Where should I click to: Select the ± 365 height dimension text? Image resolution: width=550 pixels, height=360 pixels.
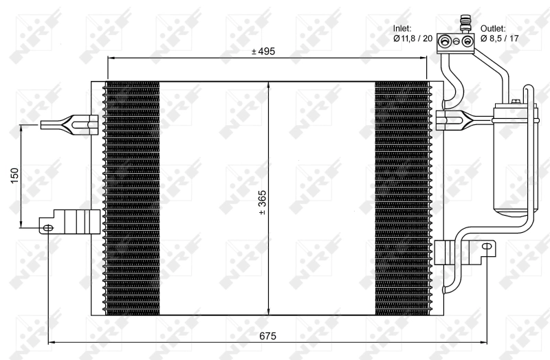[x=262, y=202]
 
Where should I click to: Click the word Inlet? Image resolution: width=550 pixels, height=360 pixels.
[x=402, y=28]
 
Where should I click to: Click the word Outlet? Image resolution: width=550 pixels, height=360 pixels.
[x=493, y=28]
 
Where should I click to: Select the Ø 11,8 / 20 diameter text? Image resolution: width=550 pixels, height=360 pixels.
[x=412, y=38]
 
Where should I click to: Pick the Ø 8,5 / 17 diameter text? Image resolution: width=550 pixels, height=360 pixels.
[x=499, y=38]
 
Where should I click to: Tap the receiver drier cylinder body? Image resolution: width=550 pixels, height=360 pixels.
[x=513, y=158]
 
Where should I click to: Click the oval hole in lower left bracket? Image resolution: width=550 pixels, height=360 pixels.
[x=47, y=227]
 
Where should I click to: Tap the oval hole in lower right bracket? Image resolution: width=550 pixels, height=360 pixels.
[x=487, y=245]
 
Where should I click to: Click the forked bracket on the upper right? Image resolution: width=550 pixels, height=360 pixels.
[x=457, y=120]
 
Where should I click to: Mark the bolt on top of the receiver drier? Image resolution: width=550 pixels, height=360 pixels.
[x=514, y=102]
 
